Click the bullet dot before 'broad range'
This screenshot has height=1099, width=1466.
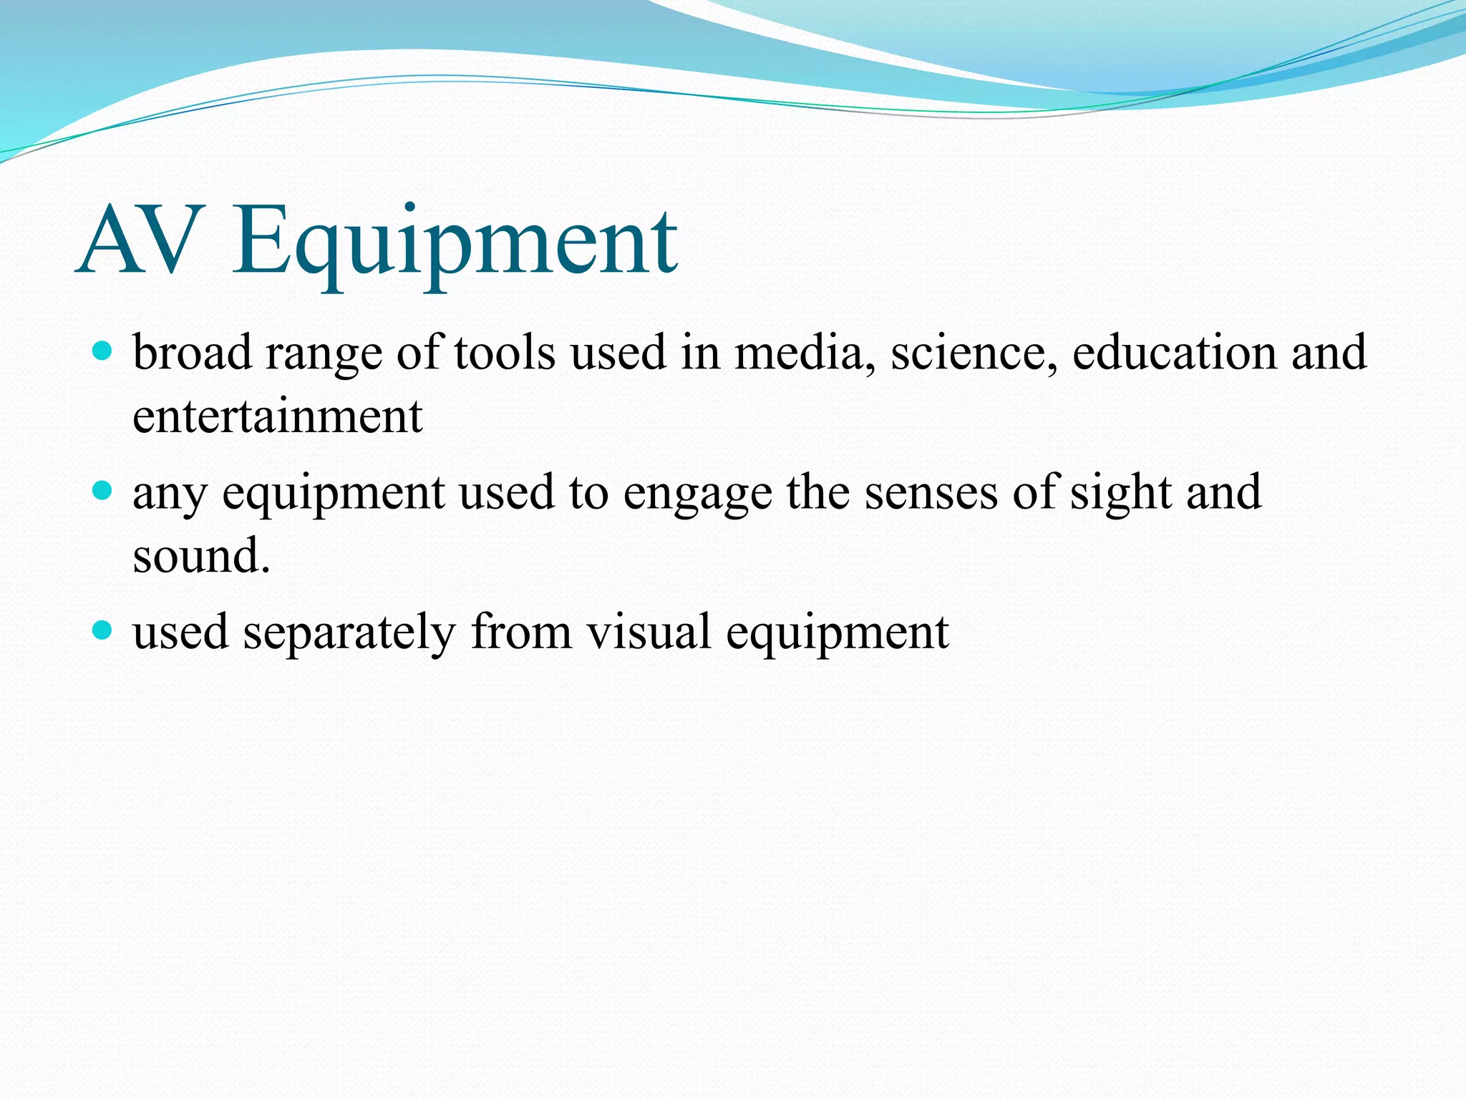103,351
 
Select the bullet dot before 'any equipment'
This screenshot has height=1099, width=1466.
103,490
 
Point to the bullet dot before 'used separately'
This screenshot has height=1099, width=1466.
103,630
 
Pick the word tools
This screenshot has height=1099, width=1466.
505,352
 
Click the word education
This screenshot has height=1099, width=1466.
1175,352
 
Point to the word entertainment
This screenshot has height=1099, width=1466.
278,416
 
